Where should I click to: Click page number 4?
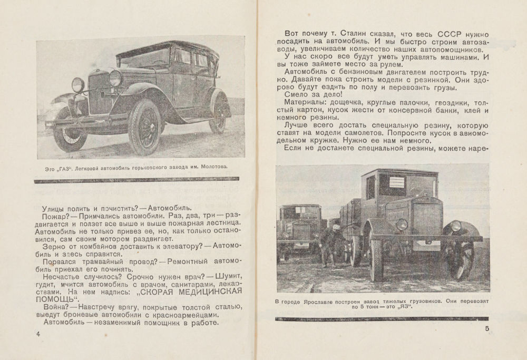pyautogui.click(x=37, y=335)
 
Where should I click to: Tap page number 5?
pyautogui.click(x=487, y=330)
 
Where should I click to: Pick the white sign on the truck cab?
pyautogui.click(x=397, y=182)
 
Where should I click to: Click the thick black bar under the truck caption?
pyautogui.click(x=382, y=318)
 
